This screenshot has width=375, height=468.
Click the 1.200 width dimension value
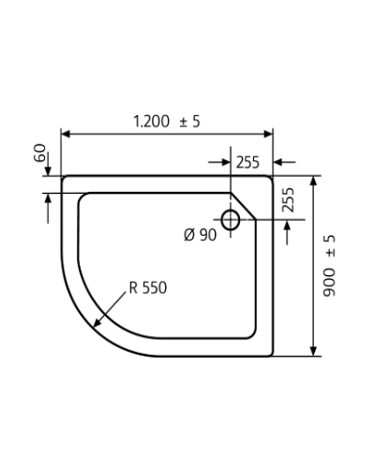[152, 122]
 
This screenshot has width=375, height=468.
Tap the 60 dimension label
[39, 153]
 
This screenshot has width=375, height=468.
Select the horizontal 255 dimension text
[247, 163]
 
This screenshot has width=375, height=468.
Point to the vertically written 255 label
[288, 199]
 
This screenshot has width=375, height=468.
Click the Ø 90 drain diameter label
[200, 235]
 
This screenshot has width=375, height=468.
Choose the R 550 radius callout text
[148, 287]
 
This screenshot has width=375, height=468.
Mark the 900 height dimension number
[329, 283]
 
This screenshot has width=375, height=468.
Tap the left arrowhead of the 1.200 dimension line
[66, 134]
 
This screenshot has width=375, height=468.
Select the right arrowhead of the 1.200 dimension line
[268, 134]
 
